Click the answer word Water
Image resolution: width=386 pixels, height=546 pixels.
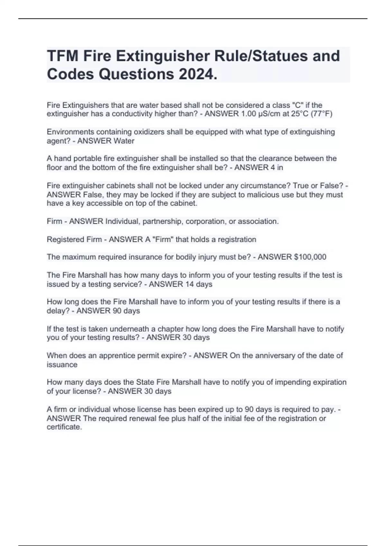124,141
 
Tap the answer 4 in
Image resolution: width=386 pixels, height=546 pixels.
275,167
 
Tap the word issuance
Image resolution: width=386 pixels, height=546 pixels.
62,365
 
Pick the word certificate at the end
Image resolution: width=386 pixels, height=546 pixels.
64,427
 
